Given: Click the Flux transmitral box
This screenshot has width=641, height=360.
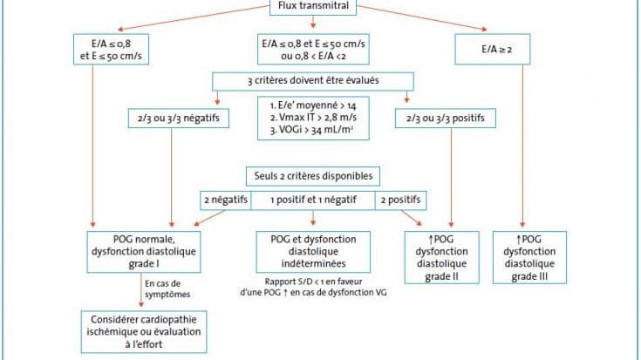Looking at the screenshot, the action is [313, 7].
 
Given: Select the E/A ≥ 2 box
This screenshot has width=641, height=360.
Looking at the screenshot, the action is [493, 50].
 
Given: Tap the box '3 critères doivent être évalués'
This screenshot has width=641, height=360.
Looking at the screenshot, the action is [313, 81].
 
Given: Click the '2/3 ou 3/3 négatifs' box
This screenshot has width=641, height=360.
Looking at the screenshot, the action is [179, 119].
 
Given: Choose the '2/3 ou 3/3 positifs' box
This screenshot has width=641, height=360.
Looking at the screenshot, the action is [446, 119].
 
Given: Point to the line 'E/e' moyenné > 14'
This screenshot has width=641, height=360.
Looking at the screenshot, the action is [313, 105].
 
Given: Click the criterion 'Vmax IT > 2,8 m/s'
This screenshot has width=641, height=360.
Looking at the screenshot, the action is [313, 118].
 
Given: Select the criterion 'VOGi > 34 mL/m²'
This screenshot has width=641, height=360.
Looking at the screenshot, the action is [312, 130].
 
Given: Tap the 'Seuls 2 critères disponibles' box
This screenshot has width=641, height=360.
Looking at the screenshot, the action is [313, 176].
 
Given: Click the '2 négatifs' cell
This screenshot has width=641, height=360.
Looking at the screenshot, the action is [226, 200].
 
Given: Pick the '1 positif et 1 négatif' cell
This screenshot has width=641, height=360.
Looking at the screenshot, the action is [313, 200].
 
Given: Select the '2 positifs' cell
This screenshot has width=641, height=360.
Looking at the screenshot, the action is [400, 200].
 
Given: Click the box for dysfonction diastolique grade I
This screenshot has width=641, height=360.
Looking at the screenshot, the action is [144, 252].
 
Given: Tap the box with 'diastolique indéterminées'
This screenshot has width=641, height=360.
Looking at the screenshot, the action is [313, 252].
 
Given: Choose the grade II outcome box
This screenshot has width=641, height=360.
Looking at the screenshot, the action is [442, 257].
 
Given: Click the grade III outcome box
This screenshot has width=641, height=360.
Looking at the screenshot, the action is [530, 257].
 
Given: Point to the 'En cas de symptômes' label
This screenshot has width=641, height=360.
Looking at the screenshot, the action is [167, 289].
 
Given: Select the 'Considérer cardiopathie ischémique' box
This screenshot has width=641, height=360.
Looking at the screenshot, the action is [144, 332].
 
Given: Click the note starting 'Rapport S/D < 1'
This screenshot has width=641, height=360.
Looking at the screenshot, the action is [313, 287].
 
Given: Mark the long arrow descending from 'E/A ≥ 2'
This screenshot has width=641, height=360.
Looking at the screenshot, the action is [522, 146].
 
